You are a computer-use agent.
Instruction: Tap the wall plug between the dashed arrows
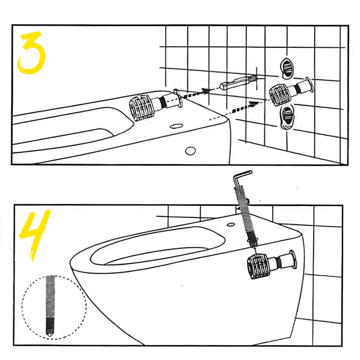click(x=239, y=82)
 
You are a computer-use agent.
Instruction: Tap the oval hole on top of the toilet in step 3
click(x=177, y=125)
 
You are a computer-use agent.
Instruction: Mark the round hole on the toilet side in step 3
click(x=190, y=151)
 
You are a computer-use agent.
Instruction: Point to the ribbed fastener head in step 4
click(x=259, y=265)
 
